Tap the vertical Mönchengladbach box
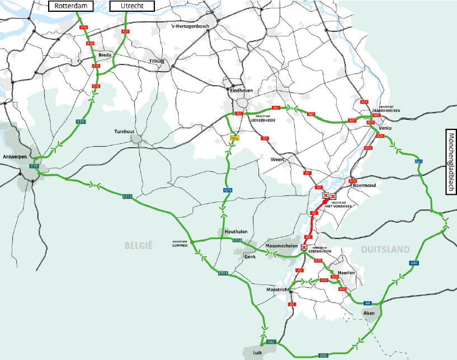[x=451, y=162]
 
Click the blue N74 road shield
[x=228, y=191]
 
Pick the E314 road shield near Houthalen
[x=237, y=240]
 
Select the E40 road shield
[x=323, y=355]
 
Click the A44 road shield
[x=414, y=263]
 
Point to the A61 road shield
[x=418, y=162]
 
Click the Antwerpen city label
[x=16, y=156]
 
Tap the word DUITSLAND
[x=386, y=249]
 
